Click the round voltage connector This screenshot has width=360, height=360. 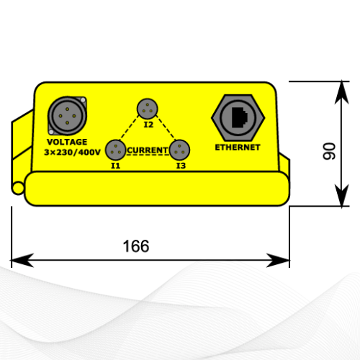tap(67, 116)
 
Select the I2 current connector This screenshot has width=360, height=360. tap(148, 109)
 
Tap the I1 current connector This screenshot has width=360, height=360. tap(116, 150)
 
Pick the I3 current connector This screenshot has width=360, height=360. tap(179, 150)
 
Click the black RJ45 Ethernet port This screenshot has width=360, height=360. tap(240, 117)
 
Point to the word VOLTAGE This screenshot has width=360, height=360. tap(67, 142)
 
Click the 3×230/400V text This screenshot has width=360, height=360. tap(72, 152)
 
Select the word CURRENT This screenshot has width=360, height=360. tap(148, 150)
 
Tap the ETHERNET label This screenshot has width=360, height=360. tap(238, 148)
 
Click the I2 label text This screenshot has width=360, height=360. tap(148, 125)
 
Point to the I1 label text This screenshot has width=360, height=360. tap(115, 166)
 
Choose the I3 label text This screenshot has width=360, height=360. tap(181, 166)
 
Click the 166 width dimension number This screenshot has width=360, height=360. tap(136, 246)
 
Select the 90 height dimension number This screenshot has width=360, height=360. tap(329, 151)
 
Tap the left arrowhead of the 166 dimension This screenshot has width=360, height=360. tap(22, 260)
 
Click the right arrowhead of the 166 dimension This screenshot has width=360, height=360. tap(278, 260)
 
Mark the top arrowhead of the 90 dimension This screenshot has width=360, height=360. tap(342, 93)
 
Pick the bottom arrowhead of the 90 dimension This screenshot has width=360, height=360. tap(342, 195)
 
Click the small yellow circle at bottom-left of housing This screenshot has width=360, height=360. tap(18, 188)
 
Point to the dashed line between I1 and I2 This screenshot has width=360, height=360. tap(130, 127)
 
